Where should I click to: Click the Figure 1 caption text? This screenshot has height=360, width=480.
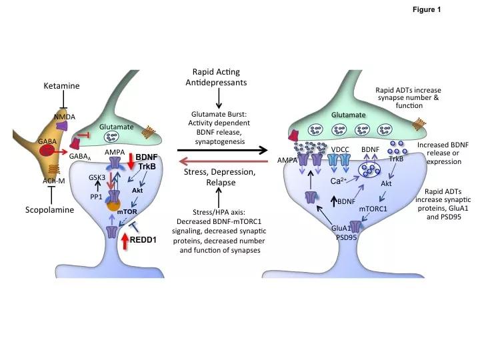pyautogui.click(x=426, y=10)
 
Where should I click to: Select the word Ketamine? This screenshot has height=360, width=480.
pyautogui.click(x=61, y=87)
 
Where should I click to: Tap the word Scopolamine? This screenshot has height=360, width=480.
pyautogui.click(x=51, y=209)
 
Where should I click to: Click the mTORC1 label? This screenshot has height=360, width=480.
pyautogui.click(x=373, y=209)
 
